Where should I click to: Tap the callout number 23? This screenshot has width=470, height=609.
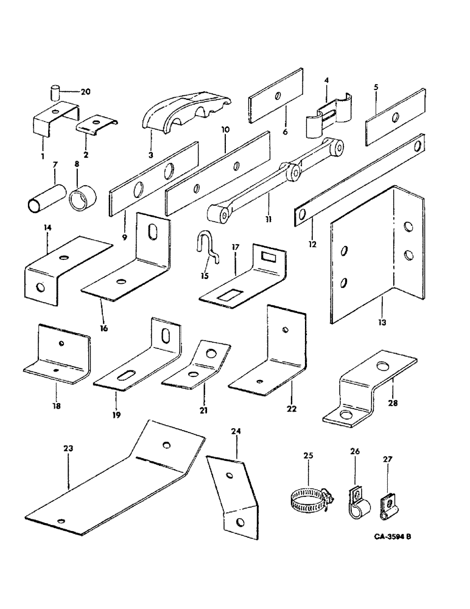coord(68,448)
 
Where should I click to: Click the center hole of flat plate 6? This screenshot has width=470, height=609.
coord(277,95)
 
